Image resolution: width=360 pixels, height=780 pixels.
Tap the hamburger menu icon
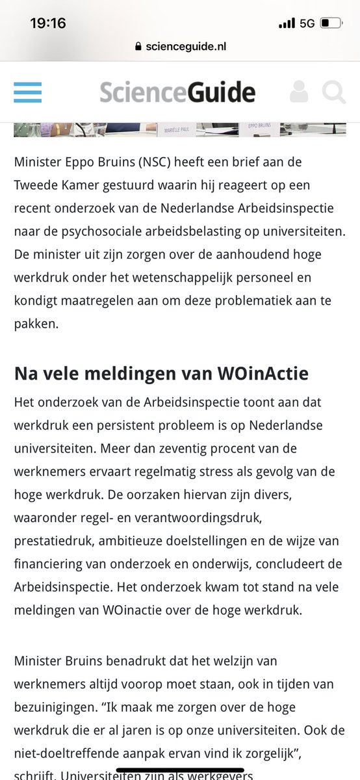[27, 92]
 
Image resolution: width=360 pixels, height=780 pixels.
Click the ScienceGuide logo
[177, 92]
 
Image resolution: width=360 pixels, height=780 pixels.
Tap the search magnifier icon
[334, 92]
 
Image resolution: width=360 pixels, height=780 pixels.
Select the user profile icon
[300, 92]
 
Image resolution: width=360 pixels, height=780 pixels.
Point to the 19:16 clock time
[47, 23]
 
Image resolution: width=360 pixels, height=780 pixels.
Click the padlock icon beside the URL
[136, 47]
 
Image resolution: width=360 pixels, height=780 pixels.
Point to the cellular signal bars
[286, 24]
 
